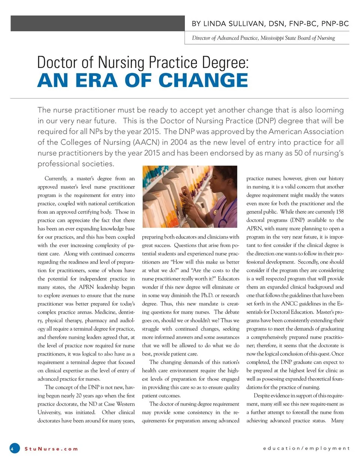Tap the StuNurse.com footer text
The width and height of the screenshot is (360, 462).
point(51,448)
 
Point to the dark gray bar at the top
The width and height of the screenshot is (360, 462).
point(97,23)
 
